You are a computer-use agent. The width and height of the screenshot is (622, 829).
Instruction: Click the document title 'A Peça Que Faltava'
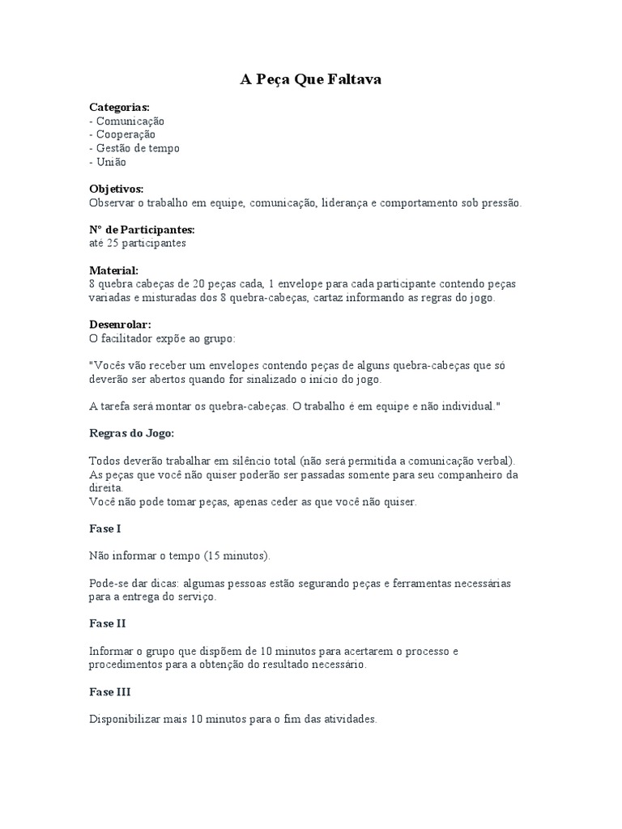click(310, 79)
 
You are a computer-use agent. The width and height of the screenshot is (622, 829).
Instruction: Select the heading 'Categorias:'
click(119, 107)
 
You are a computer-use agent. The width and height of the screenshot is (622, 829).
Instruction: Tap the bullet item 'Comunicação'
click(130, 121)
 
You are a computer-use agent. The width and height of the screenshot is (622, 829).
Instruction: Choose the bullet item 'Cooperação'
click(126, 134)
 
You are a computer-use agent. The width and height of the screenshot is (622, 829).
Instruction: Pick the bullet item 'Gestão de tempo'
click(138, 148)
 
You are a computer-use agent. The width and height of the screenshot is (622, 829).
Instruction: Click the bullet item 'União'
click(111, 162)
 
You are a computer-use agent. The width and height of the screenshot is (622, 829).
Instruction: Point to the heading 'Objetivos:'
click(116, 189)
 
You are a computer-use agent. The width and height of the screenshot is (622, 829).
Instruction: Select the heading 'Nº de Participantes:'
click(142, 230)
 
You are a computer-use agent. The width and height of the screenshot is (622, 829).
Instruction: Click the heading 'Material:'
click(113, 270)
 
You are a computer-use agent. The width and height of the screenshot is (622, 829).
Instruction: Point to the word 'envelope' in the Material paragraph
click(303, 284)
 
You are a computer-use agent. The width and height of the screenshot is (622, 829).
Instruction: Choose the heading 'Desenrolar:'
click(120, 325)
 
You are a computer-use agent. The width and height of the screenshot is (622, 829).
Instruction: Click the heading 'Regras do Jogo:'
click(131, 432)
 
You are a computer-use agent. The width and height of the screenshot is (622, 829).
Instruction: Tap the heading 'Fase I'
click(104, 529)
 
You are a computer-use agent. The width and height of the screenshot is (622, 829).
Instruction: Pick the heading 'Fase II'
click(107, 624)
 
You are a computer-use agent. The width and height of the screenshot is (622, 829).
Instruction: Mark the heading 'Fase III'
click(109, 692)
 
